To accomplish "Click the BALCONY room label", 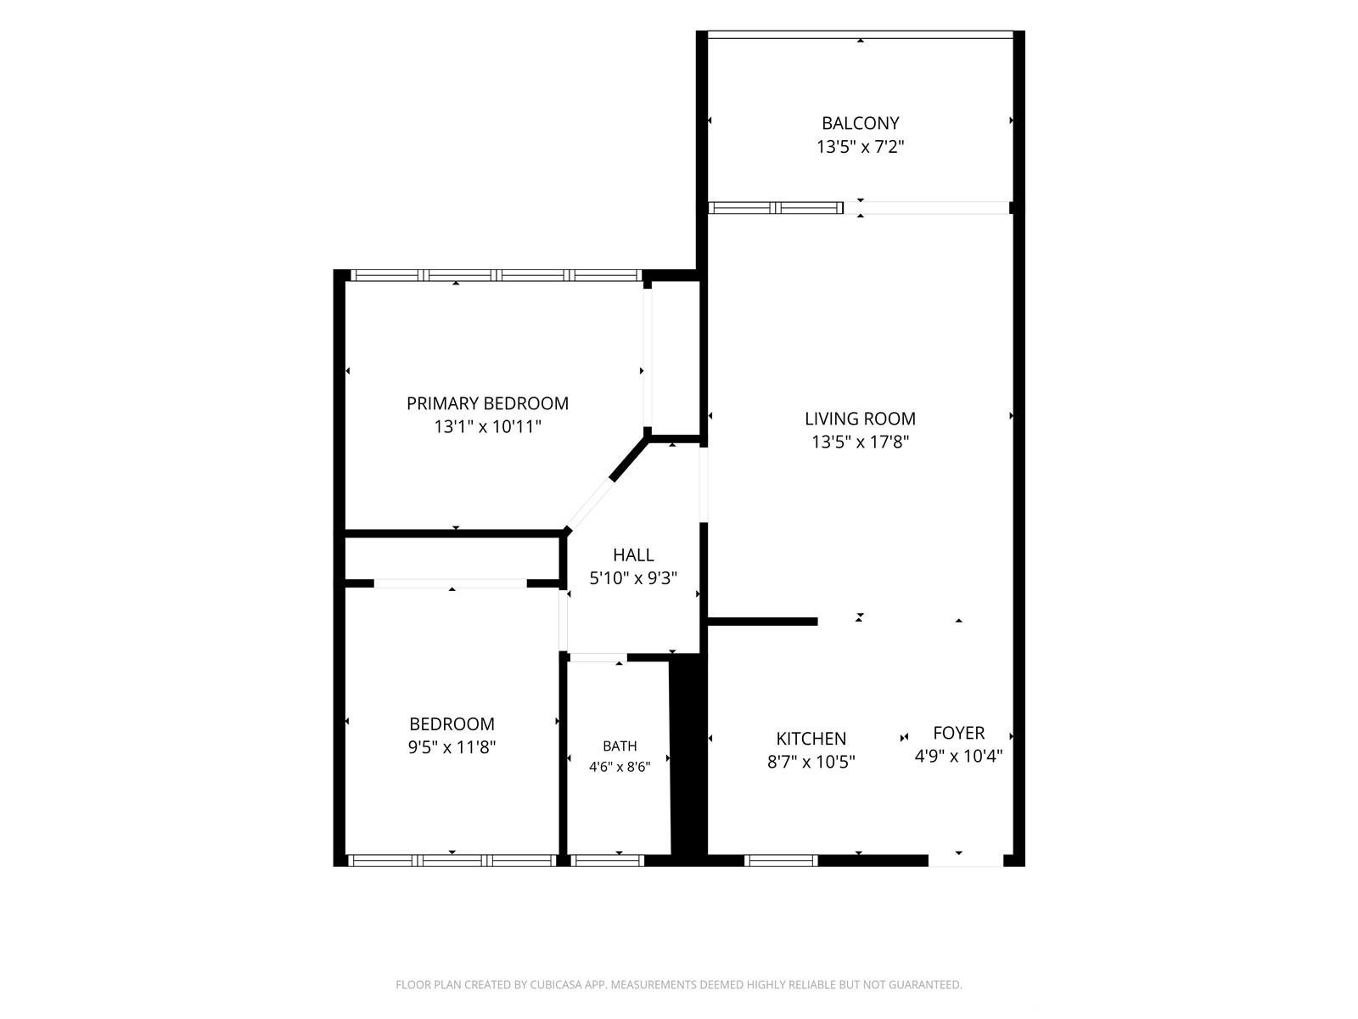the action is click(x=860, y=123).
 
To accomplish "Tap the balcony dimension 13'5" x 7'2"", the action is click(x=860, y=147).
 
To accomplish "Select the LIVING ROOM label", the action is click(x=860, y=419).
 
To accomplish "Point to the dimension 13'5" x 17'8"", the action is click(x=860, y=442).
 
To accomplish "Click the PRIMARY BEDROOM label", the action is click(x=487, y=403).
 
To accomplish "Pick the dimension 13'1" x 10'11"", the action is click(x=487, y=426).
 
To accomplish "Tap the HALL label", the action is click(x=633, y=555).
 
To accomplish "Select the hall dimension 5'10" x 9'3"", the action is click(x=633, y=578).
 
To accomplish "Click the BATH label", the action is click(x=620, y=746).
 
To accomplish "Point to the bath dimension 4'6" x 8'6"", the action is click(x=620, y=767).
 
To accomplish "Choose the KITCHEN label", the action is click(x=811, y=738).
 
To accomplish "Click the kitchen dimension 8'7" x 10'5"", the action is click(x=811, y=762).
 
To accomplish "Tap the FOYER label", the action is click(x=959, y=733).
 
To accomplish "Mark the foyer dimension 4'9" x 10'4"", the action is click(x=959, y=756).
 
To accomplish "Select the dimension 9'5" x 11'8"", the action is click(x=452, y=747).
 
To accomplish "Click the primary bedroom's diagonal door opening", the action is click(x=589, y=504).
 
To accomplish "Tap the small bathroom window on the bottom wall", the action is click(x=607, y=860).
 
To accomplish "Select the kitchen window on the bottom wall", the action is click(x=781, y=860).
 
